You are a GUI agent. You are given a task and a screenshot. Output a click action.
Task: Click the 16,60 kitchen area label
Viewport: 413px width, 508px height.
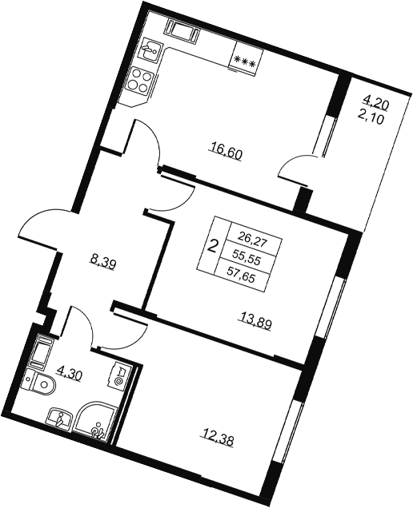[x=226, y=153]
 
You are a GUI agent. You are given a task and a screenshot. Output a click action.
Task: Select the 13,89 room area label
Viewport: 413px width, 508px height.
[x=255, y=321]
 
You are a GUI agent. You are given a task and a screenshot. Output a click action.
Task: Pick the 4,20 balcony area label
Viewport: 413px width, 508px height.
[x=378, y=104]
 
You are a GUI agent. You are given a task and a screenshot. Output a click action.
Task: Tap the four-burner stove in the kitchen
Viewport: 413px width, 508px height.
[x=140, y=80]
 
